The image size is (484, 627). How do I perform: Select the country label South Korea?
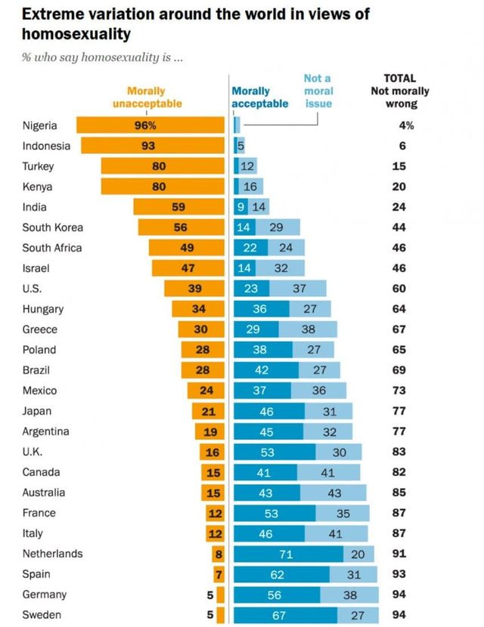click(x=53, y=227)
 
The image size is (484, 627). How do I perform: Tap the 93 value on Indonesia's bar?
click(x=147, y=146)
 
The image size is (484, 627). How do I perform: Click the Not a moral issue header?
click(x=318, y=91)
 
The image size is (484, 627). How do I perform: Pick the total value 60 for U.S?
click(x=399, y=289)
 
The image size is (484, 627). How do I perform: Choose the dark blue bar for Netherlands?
click(x=287, y=554)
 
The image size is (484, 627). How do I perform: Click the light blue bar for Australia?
click(x=334, y=493)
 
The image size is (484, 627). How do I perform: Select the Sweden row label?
click(x=42, y=615)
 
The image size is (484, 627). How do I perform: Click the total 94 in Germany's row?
click(x=399, y=595)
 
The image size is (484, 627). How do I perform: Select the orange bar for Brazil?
click(x=203, y=370)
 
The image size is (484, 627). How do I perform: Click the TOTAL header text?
click(x=399, y=78)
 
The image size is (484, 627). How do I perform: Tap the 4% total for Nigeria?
click(x=399, y=125)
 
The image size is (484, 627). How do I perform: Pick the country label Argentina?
click(x=46, y=431)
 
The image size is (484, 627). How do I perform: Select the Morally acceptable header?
click(x=259, y=97)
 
